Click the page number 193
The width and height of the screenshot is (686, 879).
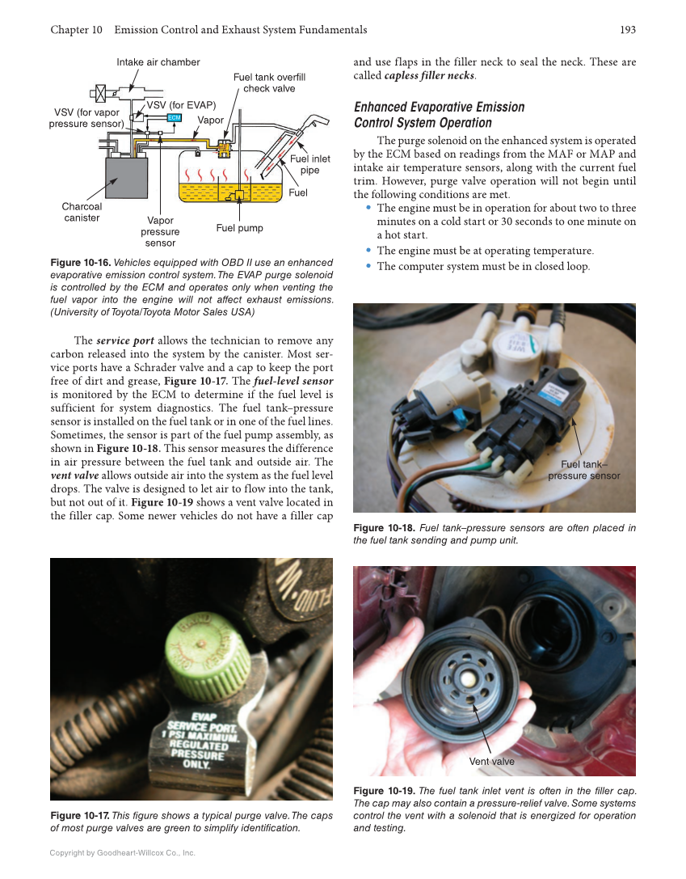tap(628, 30)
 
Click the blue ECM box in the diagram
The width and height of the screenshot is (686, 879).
tap(173, 118)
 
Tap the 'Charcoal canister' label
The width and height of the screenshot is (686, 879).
tap(82, 212)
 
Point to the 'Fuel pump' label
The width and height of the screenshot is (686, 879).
tap(239, 228)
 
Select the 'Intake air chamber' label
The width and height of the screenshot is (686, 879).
tap(158, 62)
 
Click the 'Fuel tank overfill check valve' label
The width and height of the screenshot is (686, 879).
tap(269, 82)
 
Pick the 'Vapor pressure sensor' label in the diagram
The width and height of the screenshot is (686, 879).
tap(160, 231)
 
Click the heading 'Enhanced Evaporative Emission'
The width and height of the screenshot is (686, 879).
tap(439, 107)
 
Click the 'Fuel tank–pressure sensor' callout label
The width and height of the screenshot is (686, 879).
tap(583, 470)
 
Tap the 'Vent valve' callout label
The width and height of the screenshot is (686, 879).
tap(491, 762)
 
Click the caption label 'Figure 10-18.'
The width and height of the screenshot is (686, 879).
tap(383, 528)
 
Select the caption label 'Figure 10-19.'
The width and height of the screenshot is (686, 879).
tap(383, 790)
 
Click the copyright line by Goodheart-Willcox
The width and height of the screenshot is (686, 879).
tap(123, 852)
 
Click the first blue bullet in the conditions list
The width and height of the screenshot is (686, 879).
tap(369, 208)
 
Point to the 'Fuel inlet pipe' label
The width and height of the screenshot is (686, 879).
tap(309, 165)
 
